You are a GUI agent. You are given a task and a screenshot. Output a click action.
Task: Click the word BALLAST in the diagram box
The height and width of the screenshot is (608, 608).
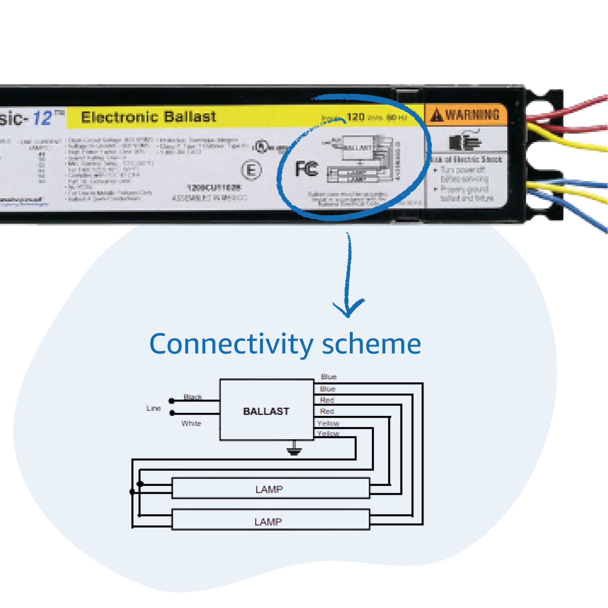[266, 411]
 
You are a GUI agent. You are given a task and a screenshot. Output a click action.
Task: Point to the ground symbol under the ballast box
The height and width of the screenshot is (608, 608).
[294, 450]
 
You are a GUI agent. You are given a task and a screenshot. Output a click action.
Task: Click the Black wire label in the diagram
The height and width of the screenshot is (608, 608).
[193, 397]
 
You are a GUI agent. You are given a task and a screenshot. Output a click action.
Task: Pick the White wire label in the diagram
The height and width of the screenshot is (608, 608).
[191, 423]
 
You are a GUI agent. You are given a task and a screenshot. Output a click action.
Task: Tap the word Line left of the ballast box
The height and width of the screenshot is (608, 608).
[154, 408]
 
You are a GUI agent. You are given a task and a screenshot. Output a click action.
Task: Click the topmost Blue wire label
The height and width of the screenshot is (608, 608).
[328, 377]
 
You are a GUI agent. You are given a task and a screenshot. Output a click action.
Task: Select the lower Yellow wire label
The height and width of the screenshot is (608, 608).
[328, 433]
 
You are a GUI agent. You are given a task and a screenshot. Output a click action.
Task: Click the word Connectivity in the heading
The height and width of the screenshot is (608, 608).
[231, 344]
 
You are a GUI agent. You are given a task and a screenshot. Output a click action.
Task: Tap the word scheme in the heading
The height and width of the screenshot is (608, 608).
[371, 344]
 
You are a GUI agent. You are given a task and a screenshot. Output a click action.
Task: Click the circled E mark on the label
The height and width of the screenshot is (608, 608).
[251, 170]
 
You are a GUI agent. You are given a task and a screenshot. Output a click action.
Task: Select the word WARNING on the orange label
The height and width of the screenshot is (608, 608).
[472, 114]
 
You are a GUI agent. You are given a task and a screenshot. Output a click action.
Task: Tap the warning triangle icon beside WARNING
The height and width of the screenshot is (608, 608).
[437, 115]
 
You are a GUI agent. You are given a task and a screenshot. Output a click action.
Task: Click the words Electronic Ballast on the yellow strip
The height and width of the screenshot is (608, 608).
[148, 117]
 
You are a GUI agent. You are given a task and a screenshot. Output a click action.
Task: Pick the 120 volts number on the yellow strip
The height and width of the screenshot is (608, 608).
[356, 117]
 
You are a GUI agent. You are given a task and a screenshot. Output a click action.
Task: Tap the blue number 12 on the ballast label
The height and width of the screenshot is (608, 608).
[43, 118]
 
